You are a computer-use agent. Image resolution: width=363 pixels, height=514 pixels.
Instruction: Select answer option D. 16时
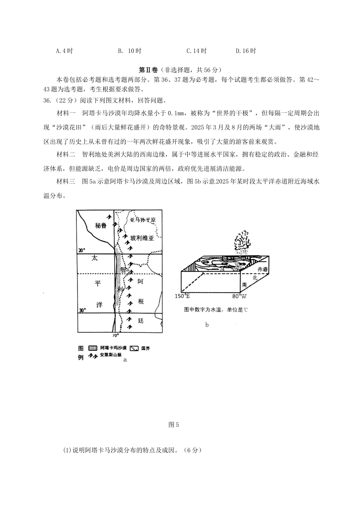tap(246, 51)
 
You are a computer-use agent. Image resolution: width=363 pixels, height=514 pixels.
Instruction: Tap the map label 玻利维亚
tap(142, 238)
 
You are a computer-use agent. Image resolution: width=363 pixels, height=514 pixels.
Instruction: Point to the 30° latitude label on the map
tap(81, 310)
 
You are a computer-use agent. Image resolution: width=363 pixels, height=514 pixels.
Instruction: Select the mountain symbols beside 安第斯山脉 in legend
tap(92, 355)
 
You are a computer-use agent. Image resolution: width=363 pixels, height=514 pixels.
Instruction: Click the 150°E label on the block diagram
tap(183, 296)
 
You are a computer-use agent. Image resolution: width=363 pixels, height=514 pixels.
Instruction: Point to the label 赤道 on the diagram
tap(263, 269)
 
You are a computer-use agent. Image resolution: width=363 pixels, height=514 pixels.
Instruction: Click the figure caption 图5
tap(173, 425)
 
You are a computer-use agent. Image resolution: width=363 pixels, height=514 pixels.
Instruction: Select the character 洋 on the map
tap(99, 304)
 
